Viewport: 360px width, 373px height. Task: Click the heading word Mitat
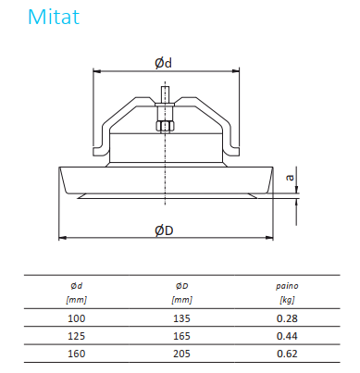[54, 17]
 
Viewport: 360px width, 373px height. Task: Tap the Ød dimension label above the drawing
[163, 63]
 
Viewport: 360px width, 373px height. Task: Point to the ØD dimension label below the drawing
[164, 230]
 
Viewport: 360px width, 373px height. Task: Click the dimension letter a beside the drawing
[291, 178]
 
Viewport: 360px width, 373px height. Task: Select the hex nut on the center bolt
[166, 126]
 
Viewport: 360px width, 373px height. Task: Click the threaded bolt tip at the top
[166, 95]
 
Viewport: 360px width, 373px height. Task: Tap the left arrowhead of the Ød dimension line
[97, 71]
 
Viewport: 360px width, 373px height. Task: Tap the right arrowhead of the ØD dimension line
[269, 237]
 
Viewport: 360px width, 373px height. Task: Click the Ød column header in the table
[77, 286]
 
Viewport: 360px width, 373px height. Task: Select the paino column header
[287, 286]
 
